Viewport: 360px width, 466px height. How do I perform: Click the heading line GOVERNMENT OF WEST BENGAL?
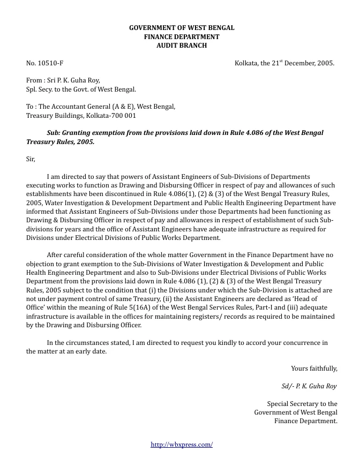182,27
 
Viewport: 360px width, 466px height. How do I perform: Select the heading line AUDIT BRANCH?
182,46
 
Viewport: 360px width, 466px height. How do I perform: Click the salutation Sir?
31,159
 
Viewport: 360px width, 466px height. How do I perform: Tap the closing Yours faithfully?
314,368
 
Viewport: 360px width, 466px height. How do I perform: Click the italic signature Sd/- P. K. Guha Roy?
309,386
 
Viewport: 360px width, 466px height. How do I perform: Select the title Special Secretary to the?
302,403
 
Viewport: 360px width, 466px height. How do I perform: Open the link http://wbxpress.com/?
182,444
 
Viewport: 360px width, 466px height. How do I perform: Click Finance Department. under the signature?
306,421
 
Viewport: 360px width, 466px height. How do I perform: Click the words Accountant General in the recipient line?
85,107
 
